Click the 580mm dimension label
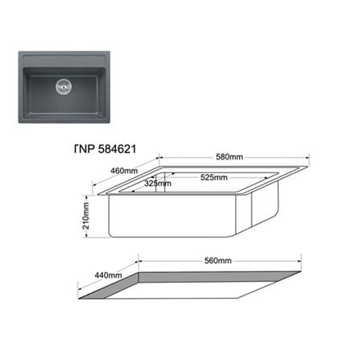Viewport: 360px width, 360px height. (x=230, y=157)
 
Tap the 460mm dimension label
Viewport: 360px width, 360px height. (x=124, y=171)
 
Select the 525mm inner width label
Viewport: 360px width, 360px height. (x=214, y=177)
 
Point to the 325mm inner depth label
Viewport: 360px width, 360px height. (x=158, y=184)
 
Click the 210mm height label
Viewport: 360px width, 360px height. (x=86, y=216)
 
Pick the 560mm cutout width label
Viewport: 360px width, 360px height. (x=217, y=261)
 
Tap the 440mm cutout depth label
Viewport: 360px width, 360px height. (x=108, y=275)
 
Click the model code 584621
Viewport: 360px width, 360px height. (x=117, y=149)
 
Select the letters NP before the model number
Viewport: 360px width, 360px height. (x=87, y=149)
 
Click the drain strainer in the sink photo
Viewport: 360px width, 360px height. (x=64, y=86)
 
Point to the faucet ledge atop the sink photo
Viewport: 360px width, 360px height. (x=64, y=61)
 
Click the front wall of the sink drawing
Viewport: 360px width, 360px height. (x=172, y=216)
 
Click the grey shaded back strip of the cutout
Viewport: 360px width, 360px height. (x=220, y=277)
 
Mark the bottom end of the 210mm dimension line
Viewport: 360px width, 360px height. (x=86, y=238)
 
